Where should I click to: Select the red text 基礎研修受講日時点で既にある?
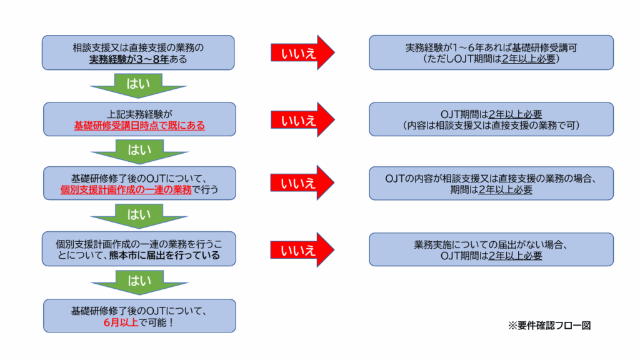pos(139,126)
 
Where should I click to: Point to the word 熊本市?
pos(131,255)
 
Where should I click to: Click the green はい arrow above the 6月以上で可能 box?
pos(139,281)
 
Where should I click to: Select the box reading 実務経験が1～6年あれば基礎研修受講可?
pos(491,52)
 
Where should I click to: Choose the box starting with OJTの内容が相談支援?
pos(491,183)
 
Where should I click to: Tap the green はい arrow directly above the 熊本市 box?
pos(139,216)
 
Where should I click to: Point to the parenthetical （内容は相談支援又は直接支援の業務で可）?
pos(491,126)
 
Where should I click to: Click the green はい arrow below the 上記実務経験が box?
pos(139,151)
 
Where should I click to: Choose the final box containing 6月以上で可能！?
pos(139,316)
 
